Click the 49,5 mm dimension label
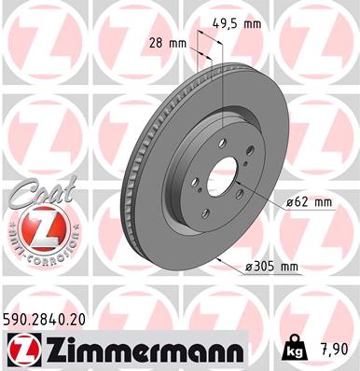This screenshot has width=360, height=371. [237, 24]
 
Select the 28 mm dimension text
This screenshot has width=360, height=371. [170, 44]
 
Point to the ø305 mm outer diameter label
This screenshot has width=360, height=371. [270, 268]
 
